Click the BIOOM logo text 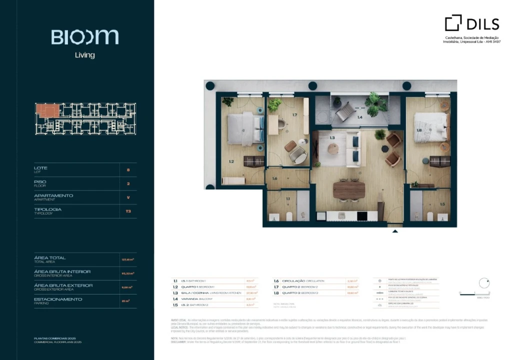click(x=84, y=37)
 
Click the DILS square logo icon click(x=453, y=23)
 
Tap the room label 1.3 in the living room click(x=332, y=136)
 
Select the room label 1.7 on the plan click(x=295, y=115)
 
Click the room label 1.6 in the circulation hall click(x=274, y=178)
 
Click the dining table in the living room click(x=349, y=190)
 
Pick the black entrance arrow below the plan click(x=395, y=231)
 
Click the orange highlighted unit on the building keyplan click(x=49, y=110)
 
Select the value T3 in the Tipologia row click(x=128, y=211)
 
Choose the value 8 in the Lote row click(x=128, y=170)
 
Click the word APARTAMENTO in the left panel click(x=53, y=195)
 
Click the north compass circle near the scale click(x=483, y=283)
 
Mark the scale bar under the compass click(x=474, y=294)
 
